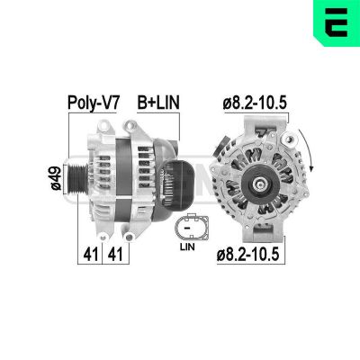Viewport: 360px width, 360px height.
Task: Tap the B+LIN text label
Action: [x=157, y=103]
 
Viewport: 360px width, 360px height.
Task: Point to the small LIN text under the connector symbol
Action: [x=187, y=245]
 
